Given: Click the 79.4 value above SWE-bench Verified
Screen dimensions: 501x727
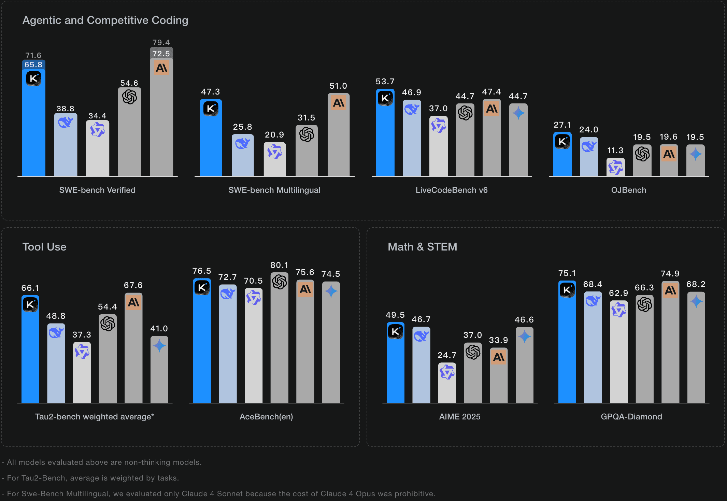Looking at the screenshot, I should click(161, 43).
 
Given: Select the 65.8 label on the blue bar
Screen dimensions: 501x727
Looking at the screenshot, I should click(33, 65).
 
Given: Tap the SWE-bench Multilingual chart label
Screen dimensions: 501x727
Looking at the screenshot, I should click(274, 190).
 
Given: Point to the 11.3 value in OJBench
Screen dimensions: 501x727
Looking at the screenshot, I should click(615, 151).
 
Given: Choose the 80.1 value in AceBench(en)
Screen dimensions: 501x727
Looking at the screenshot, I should click(279, 265).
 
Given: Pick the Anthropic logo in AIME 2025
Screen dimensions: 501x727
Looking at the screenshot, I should click(499, 357).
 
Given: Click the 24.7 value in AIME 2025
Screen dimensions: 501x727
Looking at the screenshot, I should click(447, 355).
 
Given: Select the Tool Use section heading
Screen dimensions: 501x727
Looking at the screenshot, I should click(44, 247).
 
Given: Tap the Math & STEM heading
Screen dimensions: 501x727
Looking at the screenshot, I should click(422, 247).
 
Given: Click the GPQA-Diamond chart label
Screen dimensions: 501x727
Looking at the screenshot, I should click(631, 417).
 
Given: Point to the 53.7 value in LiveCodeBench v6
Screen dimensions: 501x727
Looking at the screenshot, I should click(385, 82).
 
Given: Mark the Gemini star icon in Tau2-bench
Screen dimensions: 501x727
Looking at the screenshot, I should click(159, 346).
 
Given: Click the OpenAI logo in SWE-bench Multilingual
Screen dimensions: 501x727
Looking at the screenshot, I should click(307, 134).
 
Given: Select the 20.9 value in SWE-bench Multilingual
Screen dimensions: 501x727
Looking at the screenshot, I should click(274, 135).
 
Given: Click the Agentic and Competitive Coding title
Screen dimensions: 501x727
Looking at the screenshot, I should click(105, 20).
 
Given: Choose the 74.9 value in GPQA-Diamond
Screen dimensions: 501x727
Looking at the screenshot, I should click(670, 274).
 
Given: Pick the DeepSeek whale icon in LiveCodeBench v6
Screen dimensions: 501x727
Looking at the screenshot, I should click(412, 109).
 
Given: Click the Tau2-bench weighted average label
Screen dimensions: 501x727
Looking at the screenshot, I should click(95, 417).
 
